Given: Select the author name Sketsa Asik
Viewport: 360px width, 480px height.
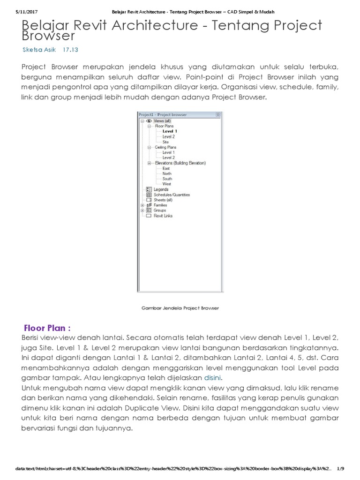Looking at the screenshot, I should [38, 49].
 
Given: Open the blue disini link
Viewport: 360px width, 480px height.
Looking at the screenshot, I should [212, 377].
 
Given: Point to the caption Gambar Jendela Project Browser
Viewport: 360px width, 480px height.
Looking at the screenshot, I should [180, 308].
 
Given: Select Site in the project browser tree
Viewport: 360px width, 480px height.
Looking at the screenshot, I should [165, 142].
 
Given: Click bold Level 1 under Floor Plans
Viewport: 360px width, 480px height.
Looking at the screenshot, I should [169, 131].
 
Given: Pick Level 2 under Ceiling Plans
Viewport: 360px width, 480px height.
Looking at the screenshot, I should [168, 157].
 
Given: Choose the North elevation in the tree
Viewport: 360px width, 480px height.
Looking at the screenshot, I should [167, 173].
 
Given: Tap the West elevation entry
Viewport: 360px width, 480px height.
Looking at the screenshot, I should [166, 184].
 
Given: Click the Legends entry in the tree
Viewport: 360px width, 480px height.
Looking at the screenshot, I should [161, 189].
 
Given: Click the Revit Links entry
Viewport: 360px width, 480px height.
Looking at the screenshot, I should [163, 216].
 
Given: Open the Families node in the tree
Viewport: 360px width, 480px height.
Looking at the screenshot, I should [160, 205].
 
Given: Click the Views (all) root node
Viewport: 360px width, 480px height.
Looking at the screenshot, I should [162, 121].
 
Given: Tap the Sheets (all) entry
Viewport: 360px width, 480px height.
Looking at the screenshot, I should [163, 200].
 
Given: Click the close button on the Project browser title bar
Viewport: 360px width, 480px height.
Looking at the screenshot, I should [218, 114].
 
